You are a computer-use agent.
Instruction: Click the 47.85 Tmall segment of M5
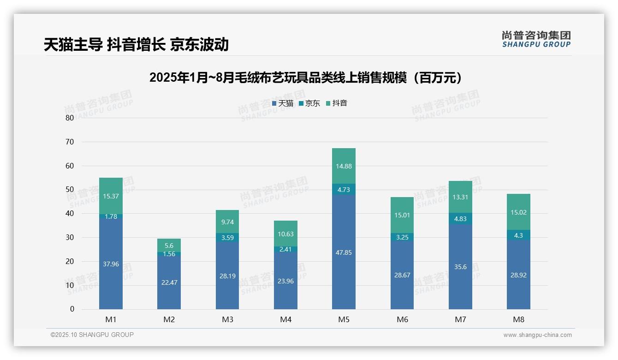point(344,252)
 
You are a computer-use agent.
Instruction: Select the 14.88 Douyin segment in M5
point(344,166)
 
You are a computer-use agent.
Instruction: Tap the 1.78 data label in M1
point(111,216)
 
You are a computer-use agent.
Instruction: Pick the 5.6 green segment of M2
point(169,246)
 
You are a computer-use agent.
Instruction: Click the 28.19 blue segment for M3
point(227,276)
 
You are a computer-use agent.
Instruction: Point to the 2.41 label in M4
point(285,249)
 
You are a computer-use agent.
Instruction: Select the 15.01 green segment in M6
point(402,215)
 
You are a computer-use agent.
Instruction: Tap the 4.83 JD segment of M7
point(460,219)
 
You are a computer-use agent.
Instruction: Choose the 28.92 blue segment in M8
point(518,275)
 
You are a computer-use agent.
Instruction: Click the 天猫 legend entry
point(282,103)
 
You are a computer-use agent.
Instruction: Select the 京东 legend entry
point(309,103)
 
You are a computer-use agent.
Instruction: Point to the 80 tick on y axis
point(70,118)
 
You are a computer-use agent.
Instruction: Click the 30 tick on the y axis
point(70,237)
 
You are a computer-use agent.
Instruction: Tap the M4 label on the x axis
point(285,319)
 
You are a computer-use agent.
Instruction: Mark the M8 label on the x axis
point(518,319)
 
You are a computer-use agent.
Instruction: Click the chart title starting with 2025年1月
point(306,78)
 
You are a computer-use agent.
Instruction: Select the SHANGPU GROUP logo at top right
point(536,39)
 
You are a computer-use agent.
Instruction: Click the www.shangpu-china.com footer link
point(537,335)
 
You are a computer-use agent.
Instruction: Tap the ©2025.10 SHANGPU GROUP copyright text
point(92,335)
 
